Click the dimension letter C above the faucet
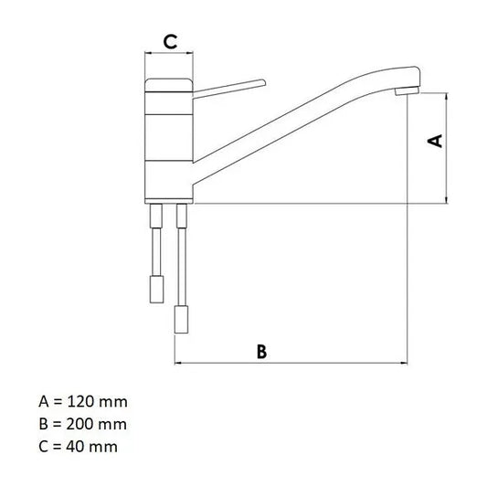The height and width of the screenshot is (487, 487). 169,40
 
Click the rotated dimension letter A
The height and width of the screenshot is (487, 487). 436,141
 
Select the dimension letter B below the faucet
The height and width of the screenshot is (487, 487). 261,352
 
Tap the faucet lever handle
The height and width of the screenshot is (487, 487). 228,87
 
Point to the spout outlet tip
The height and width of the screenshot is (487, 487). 402,93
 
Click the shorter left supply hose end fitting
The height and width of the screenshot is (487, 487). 156,290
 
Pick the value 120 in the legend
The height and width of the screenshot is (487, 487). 80,402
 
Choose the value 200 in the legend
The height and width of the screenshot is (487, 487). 80,424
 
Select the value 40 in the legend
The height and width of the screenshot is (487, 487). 77,446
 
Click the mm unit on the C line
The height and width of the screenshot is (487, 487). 104,446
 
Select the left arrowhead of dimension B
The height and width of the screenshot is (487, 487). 177,363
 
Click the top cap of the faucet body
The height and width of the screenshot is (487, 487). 169,85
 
